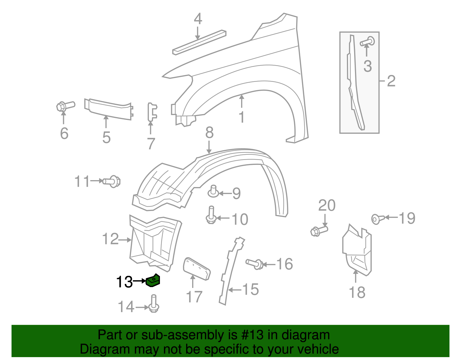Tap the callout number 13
click(124, 282)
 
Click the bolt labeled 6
click(65, 106)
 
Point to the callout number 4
click(198, 19)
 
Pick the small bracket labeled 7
click(152, 112)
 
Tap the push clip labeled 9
click(213, 192)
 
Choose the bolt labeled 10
click(211, 215)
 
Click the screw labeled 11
click(112, 181)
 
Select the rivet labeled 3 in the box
click(368, 42)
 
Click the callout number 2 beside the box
click(391, 81)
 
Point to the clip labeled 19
click(378, 219)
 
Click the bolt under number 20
click(319, 231)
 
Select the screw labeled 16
click(254, 263)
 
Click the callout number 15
click(250, 289)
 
